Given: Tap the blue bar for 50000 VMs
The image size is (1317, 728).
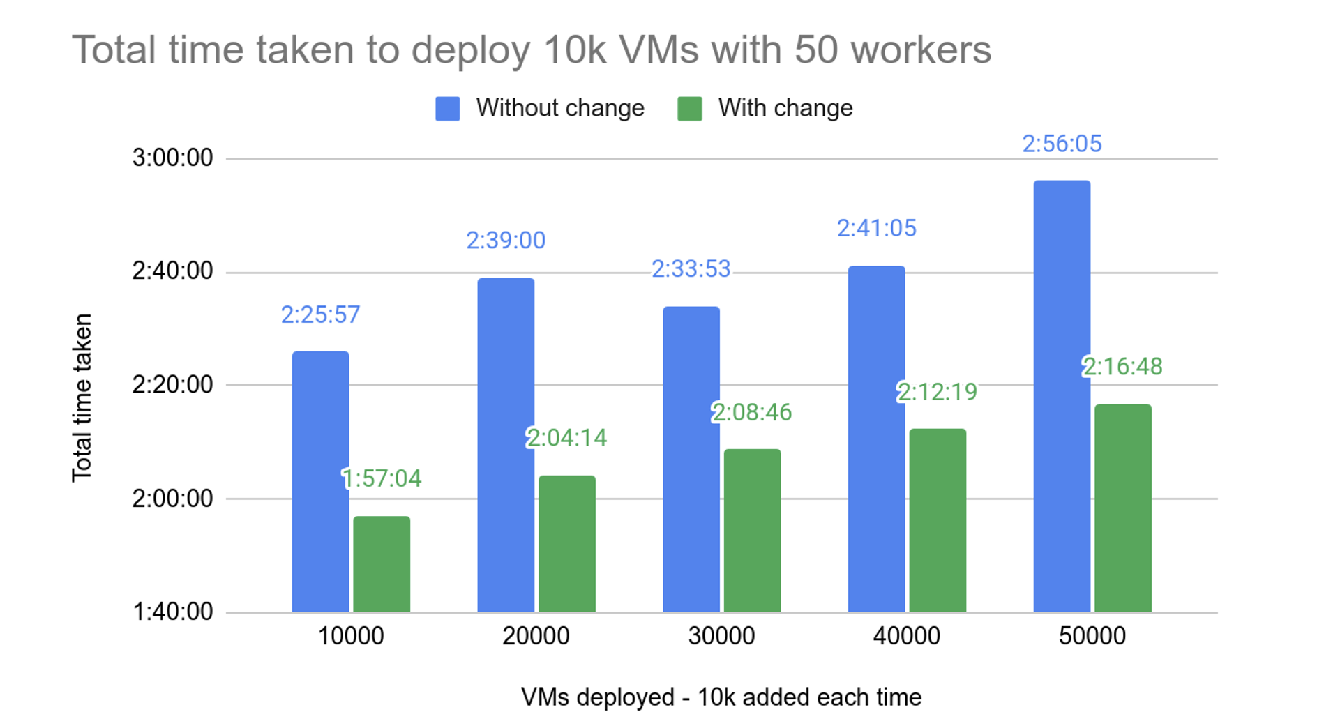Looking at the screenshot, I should [1062, 396].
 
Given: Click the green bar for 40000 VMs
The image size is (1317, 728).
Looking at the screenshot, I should [938, 520].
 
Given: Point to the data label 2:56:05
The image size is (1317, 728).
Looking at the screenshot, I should [1062, 144].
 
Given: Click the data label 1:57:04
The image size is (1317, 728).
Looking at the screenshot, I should [382, 478].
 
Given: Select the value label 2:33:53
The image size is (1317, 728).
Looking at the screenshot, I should [691, 268].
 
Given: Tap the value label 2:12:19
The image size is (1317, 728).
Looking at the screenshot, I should [938, 392].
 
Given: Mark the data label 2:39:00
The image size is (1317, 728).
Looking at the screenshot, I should [506, 241].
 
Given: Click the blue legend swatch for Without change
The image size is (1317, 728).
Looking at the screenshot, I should [447, 109].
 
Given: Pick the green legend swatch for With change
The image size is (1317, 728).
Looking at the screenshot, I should [689, 109].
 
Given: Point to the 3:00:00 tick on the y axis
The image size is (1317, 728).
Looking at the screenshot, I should [172, 158].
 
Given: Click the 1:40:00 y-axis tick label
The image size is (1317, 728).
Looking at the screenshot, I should [172, 612].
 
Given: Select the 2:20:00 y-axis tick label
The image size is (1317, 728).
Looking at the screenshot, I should [172, 384].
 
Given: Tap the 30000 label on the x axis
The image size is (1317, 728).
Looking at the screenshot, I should [721, 636].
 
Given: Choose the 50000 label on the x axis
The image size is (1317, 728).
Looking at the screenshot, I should [1092, 636].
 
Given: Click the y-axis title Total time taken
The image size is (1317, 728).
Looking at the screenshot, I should [82, 397].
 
